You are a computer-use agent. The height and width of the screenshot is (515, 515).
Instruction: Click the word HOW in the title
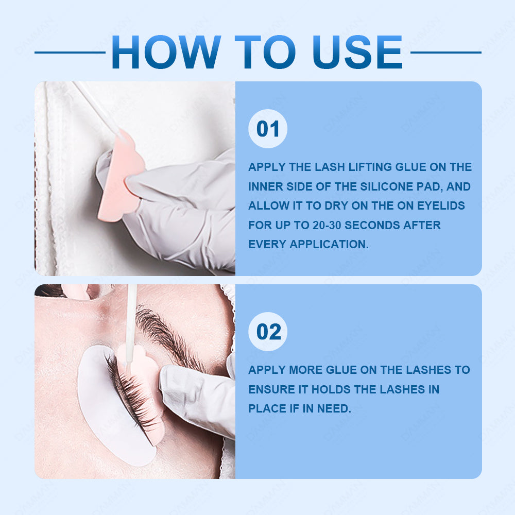click(x=166, y=52)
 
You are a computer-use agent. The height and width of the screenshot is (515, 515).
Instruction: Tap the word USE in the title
click(x=358, y=52)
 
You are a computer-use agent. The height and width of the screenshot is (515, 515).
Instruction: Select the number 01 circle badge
click(x=268, y=128)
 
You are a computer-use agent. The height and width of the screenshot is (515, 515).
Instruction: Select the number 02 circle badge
click(x=268, y=331)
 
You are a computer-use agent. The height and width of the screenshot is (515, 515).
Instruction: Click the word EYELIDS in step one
click(x=441, y=206)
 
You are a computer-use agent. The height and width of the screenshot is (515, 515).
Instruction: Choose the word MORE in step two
click(x=306, y=370)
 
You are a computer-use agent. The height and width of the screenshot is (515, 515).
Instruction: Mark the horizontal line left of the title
click(x=70, y=52)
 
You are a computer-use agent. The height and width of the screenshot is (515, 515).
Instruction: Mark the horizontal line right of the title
click(x=445, y=52)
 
